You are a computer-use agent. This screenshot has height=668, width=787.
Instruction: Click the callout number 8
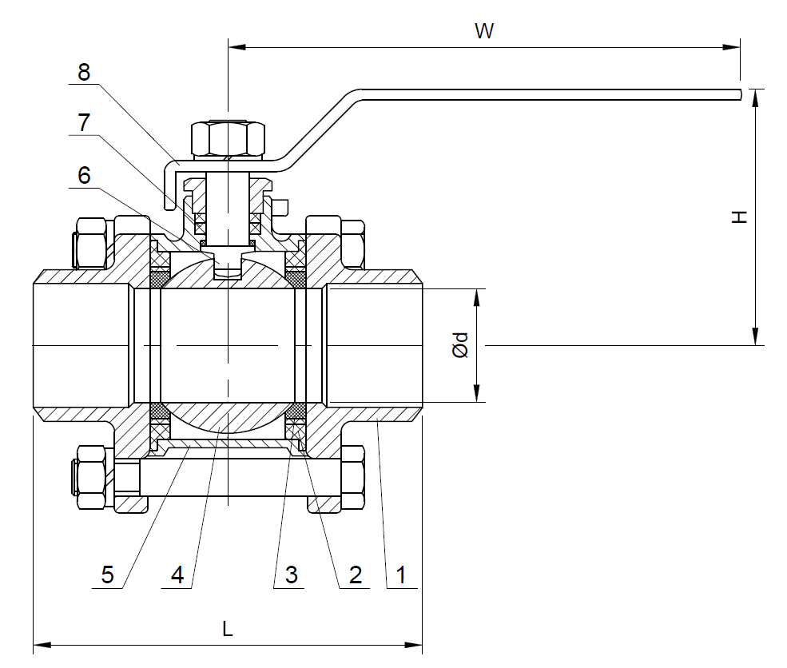(x=84, y=72)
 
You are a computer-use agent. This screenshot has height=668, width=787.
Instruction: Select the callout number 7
(x=84, y=123)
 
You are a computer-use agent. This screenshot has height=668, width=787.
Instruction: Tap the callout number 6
(x=84, y=175)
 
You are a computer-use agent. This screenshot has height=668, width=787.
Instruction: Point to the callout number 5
(x=108, y=574)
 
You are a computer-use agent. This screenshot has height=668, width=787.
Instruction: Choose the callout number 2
(x=355, y=574)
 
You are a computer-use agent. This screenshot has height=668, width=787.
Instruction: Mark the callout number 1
(x=401, y=574)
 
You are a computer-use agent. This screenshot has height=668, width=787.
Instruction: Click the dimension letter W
(x=484, y=31)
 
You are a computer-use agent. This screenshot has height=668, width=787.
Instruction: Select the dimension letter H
(x=741, y=217)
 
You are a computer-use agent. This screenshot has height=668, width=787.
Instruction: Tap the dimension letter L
(x=228, y=629)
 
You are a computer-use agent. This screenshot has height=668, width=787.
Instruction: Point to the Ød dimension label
(x=460, y=345)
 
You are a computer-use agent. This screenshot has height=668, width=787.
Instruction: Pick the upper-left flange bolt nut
(x=90, y=241)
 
